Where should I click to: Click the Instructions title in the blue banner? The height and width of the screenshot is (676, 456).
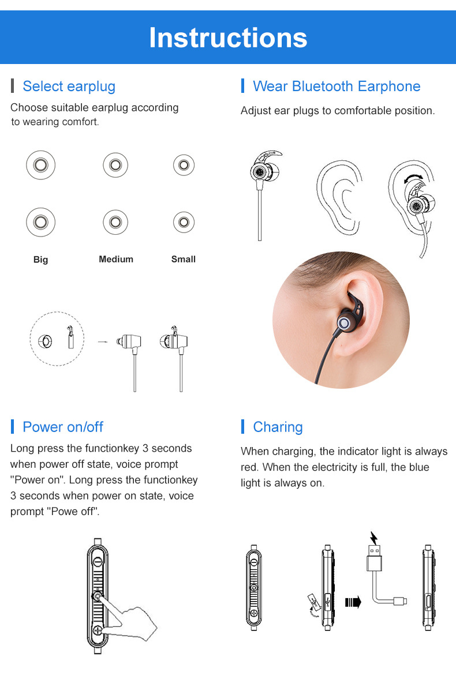click(x=228, y=37)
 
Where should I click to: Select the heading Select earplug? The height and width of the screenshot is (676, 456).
click(x=69, y=86)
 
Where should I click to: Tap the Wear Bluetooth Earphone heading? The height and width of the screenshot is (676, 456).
click(x=337, y=86)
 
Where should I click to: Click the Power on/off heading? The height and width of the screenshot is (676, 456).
click(x=63, y=427)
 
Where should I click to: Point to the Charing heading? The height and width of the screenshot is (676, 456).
click(x=278, y=427)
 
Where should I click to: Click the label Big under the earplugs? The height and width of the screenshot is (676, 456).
click(x=40, y=259)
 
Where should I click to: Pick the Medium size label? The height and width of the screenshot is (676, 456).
click(x=116, y=259)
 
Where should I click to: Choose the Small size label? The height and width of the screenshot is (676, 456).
click(x=184, y=259)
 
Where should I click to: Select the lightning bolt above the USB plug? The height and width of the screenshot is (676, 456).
click(x=374, y=538)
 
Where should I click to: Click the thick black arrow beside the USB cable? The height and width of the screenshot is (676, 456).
click(x=353, y=602)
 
